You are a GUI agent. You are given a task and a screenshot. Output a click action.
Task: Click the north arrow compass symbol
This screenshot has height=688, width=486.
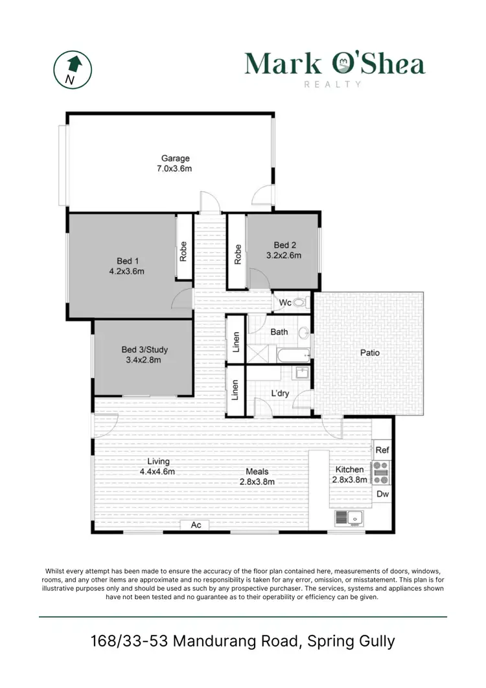[x=71, y=69]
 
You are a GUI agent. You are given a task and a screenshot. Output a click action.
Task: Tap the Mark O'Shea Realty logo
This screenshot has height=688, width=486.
[x=334, y=67]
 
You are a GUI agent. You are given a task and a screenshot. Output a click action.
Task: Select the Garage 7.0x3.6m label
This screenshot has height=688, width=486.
[x=175, y=163]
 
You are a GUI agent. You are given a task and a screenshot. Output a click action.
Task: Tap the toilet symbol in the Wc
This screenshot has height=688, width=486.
[x=299, y=302]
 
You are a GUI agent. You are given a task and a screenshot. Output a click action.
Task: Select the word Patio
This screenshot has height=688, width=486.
[x=370, y=353]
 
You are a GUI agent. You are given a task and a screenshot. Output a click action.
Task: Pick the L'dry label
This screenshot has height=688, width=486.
[x=279, y=393]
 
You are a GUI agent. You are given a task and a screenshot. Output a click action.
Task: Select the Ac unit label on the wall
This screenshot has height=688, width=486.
[x=196, y=525]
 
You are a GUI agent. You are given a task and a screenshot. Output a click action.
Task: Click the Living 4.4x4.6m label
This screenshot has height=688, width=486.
[x=158, y=467]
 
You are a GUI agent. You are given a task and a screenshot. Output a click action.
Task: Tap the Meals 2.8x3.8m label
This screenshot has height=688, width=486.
[x=257, y=477]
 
